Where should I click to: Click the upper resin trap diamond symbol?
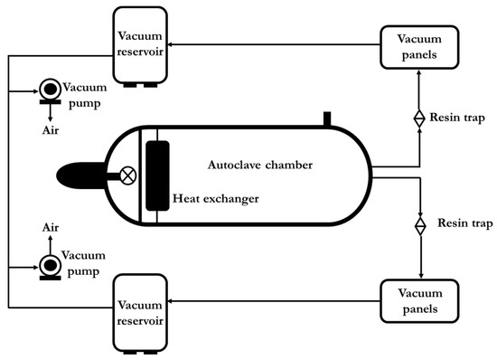click(419, 118)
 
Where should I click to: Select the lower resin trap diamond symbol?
click(419, 223)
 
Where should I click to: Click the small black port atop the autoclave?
click(328, 119)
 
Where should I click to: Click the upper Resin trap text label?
click(460, 118)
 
